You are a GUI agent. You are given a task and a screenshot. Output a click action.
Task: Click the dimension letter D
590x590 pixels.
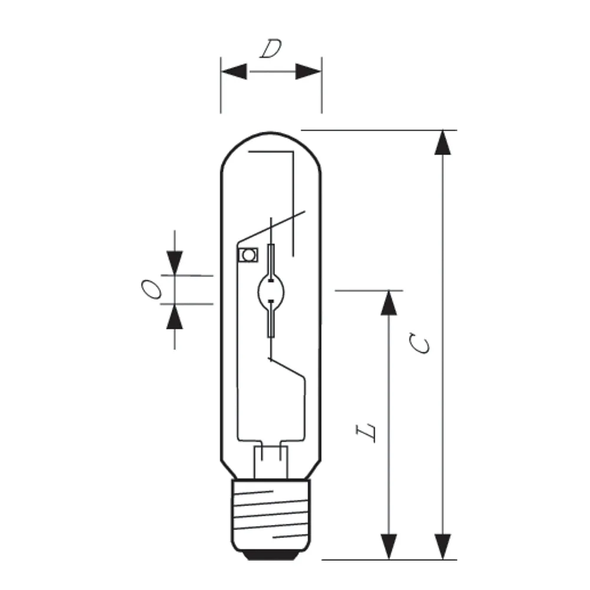click(271, 49)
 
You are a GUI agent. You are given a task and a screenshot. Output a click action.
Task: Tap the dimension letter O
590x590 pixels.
click(152, 289)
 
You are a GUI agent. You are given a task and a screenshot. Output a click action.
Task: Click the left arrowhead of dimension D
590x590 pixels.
click(234, 71)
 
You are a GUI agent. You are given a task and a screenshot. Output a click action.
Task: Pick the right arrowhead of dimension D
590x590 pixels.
click(308, 71)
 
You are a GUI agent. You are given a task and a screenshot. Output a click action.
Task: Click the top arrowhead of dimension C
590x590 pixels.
click(442, 143)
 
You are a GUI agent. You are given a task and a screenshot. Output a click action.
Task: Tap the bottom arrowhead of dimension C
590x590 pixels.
click(442, 547)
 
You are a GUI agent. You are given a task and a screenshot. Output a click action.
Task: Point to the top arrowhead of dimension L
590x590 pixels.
click(389, 303)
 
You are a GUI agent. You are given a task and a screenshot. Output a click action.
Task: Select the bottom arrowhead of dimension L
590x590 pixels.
click(389, 547)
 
